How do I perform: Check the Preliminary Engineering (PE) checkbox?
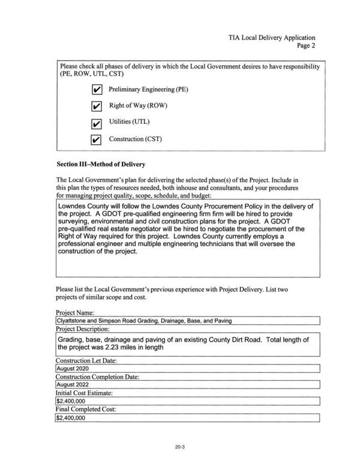point(95,90)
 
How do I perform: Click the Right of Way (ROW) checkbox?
point(95,107)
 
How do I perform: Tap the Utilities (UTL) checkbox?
point(95,124)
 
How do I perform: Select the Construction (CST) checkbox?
point(95,140)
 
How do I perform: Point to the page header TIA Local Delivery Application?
point(272,37)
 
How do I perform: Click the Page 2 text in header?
point(305,46)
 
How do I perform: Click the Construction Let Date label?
point(86,360)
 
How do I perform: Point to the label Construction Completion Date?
point(97,377)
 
